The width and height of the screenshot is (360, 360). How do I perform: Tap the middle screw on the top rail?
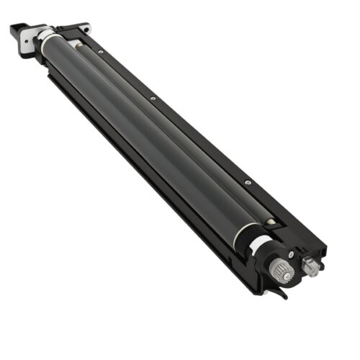point(153,98)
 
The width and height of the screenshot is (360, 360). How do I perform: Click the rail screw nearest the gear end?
point(247,183)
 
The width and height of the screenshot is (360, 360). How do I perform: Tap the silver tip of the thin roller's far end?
point(78,46)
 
